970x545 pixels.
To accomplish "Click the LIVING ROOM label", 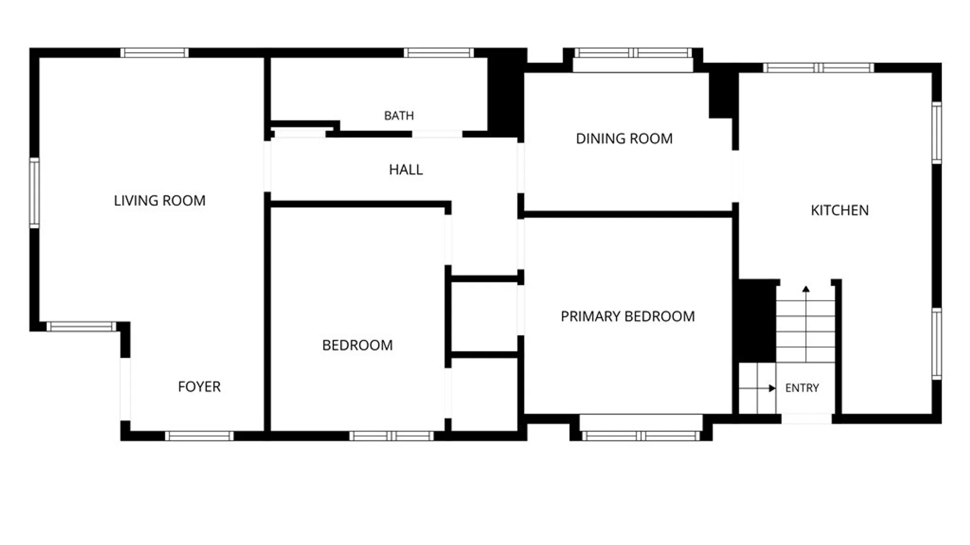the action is [x=160, y=201].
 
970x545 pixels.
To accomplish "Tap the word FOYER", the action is [x=199, y=387].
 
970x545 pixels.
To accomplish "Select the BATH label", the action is [x=399, y=116].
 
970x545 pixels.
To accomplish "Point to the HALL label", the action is [x=406, y=170].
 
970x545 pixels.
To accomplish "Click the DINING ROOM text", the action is [x=624, y=139].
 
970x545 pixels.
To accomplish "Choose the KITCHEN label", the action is [x=840, y=210].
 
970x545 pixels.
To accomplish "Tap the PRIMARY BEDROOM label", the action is [x=628, y=316].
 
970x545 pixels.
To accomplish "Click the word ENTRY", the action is [x=802, y=388].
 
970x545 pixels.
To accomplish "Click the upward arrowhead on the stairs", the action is [x=806, y=289].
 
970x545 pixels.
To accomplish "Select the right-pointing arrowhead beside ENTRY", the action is [x=772, y=388].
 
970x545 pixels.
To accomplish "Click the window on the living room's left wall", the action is [x=34, y=193].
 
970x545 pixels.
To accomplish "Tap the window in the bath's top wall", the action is [x=439, y=52].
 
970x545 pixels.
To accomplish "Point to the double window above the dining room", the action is [x=633, y=52].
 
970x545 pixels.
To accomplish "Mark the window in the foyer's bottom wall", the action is [x=200, y=436].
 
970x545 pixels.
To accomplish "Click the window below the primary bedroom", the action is [x=641, y=436].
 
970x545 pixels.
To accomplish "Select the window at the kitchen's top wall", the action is [x=818, y=68].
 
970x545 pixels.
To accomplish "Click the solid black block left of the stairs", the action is [x=757, y=321].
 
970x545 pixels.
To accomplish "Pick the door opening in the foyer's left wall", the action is [x=125, y=389].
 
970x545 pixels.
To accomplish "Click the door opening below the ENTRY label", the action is [x=806, y=418].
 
